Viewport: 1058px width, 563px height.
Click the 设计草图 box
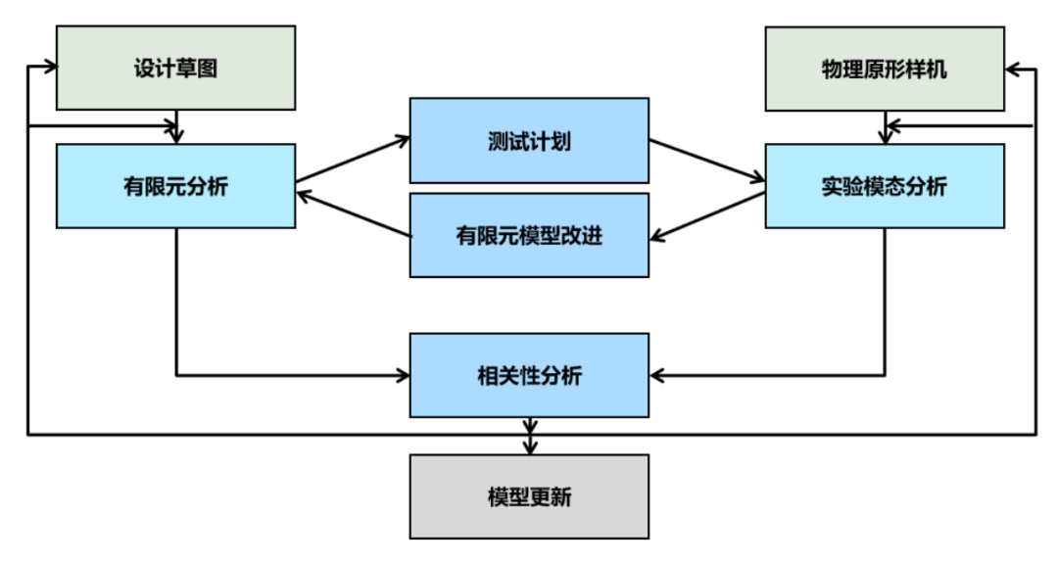pos(175,69)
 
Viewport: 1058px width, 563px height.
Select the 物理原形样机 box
pos(884,69)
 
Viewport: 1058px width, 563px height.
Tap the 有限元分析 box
pos(175,186)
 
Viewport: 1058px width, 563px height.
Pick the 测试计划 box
pos(529,140)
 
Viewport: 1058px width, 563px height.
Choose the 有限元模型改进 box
pos(529,235)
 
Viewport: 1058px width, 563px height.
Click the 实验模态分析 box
pos(884,186)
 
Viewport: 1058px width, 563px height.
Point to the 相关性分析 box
pos(529,375)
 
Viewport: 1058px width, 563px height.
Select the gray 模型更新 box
pos(529,496)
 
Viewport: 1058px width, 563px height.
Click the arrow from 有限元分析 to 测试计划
pos(353,160)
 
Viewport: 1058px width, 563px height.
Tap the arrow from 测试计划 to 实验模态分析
pos(706,161)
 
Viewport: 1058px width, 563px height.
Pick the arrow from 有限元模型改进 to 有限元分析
pos(353,214)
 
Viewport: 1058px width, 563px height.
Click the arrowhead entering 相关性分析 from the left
pos(402,375)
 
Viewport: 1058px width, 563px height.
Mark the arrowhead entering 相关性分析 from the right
pos(657,375)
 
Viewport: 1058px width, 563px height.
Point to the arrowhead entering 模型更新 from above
pos(530,446)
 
